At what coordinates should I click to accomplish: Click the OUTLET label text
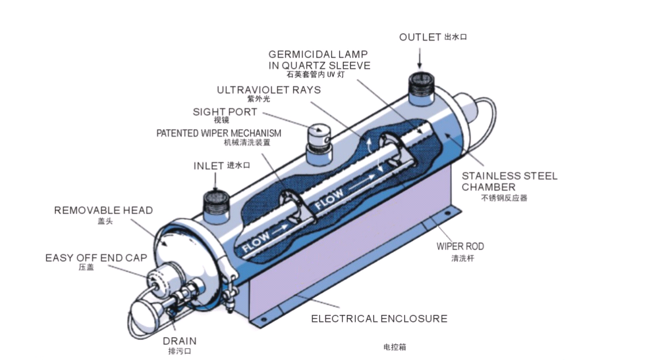pyautogui.click(x=420, y=37)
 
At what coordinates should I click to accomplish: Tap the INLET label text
pyautogui.click(x=208, y=166)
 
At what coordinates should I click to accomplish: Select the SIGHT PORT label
pyautogui.click(x=225, y=112)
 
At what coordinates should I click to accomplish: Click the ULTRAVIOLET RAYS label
pyautogui.click(x=268, y=90)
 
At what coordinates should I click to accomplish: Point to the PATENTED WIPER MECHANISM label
pyautogui.click(x=219, y=133)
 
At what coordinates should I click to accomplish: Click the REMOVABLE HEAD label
pyautogui.click(x=103, y=211)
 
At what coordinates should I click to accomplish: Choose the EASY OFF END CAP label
pyautogui.click(x=96, y=258)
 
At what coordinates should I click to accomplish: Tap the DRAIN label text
pyautogui.click(x=179, y=341)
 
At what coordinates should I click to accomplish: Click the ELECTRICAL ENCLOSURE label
pyautogui.click(x=379, y=318)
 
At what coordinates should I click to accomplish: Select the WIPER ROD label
pyautogui.click(x=460, y=247)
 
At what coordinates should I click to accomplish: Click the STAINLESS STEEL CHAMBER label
pyautogui.click(x=509, y=181)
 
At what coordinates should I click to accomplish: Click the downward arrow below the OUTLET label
pyautogui.click(x=420, y=58)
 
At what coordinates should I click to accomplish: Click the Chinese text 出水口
pyautogui.click(x=455, y=37)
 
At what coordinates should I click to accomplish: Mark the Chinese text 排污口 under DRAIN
pyautogui.click(x=179, y=350)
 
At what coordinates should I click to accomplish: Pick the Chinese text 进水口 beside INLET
pyautogui.click(x=238, y=166)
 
